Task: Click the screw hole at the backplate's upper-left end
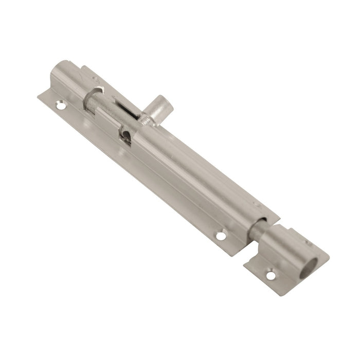point(61,105)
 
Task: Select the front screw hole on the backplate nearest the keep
point(221,236)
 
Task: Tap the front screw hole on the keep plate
point(271,276)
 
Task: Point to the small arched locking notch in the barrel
point(125,135)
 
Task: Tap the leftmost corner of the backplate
point(40,96)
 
